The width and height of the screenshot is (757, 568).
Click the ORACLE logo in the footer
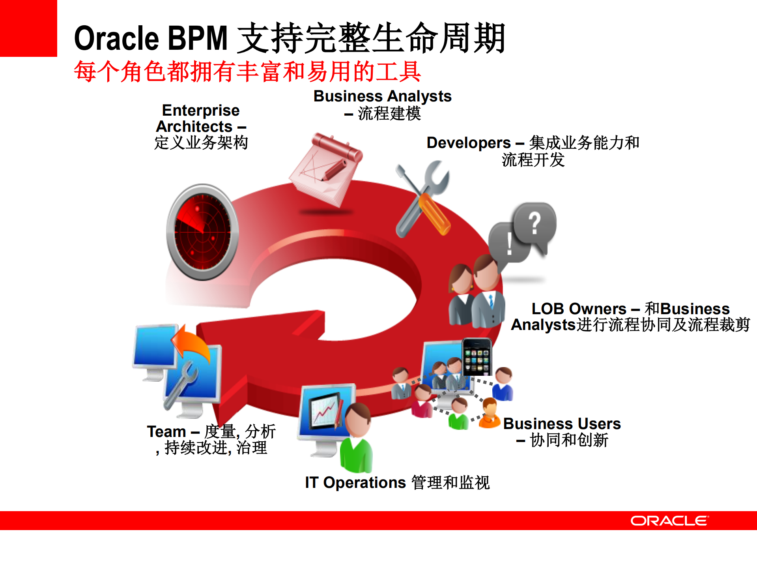pos(669,521)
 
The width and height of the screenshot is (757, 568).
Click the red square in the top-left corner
pos(28,28)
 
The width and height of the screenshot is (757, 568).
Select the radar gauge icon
pos(202,232)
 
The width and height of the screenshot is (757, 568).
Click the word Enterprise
pos(200,110)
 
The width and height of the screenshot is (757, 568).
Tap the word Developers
pos(468,142)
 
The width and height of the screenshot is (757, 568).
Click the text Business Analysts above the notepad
pos(382,96)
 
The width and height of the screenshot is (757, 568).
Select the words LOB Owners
pos(578,309)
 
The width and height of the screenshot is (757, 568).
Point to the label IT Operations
pos(355,482)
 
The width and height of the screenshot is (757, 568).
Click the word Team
pos(166,431)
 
